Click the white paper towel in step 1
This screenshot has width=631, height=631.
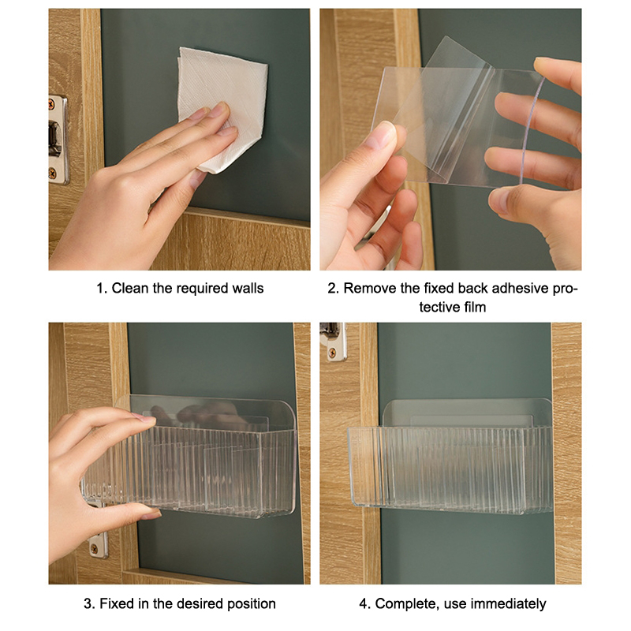222,109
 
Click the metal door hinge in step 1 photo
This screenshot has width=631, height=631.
58,140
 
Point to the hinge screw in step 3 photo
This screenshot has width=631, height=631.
94,548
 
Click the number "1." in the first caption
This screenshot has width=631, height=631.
102,288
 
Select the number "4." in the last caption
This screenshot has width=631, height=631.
364,603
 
